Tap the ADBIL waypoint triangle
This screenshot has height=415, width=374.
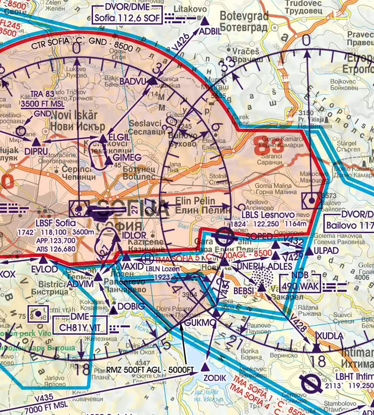[205, 20]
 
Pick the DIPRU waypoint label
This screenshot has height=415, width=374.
[36, 151]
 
